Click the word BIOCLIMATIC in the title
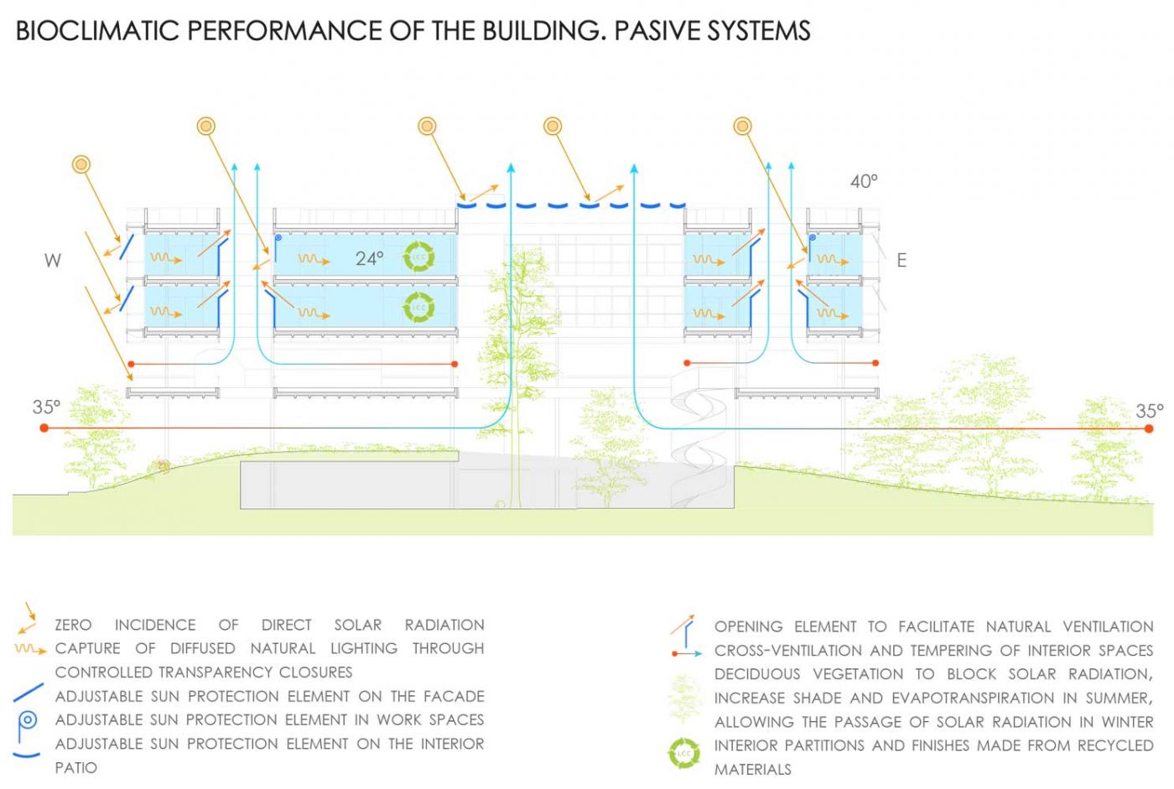pyautogui.click(x=97, y=30)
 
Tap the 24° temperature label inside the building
pyautogui.click(x=370, y=258)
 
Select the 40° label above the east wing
pyautogui.click(x=864, y=181)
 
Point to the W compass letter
pyautogui.click(x=52, y=261)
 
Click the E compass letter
pyautogui.click(x=901, y=261)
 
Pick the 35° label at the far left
pyautogui.click(x=46, y=407)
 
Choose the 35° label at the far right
pyautogui.click(x=1150, y=411)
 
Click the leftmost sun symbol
pyautogui.click(x=81, y=164)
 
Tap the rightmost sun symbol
pyautogui.click(x=742, y=127)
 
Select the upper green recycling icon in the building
pyautogui.click(x=418, y=257)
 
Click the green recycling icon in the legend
pyautogui.click(x=683, y=754)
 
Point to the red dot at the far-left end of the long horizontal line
pyautogui.click(x=44, y=428)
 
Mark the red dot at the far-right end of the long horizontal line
pyautogui.click(x=1149, y=428)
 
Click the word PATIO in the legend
pyautogui.click(x=76, y=768)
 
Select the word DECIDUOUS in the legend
pyautogui.click(x=757, y=674)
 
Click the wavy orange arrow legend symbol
pyautogui.click(x=30, y=650)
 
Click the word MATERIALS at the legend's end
pyautogui.click(x=753, y=770)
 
